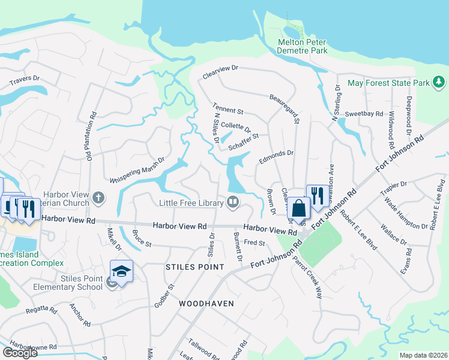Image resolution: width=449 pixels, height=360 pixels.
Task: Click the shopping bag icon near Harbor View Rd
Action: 298,209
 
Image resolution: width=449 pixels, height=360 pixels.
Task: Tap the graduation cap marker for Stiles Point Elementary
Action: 121,271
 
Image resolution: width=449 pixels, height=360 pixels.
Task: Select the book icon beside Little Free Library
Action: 232,202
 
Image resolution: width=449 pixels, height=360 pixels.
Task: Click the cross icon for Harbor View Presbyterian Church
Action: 98,197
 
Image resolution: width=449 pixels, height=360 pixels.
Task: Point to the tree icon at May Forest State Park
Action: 439,82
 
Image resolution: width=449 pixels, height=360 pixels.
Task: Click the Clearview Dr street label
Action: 220,69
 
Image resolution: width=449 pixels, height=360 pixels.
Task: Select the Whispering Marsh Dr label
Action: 137,170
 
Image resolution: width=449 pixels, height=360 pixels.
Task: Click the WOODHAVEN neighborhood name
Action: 206,304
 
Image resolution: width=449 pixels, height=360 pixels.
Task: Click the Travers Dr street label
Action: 24,79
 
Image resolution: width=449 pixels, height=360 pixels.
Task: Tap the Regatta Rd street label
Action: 41,310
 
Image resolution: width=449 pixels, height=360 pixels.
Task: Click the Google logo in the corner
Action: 20,353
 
